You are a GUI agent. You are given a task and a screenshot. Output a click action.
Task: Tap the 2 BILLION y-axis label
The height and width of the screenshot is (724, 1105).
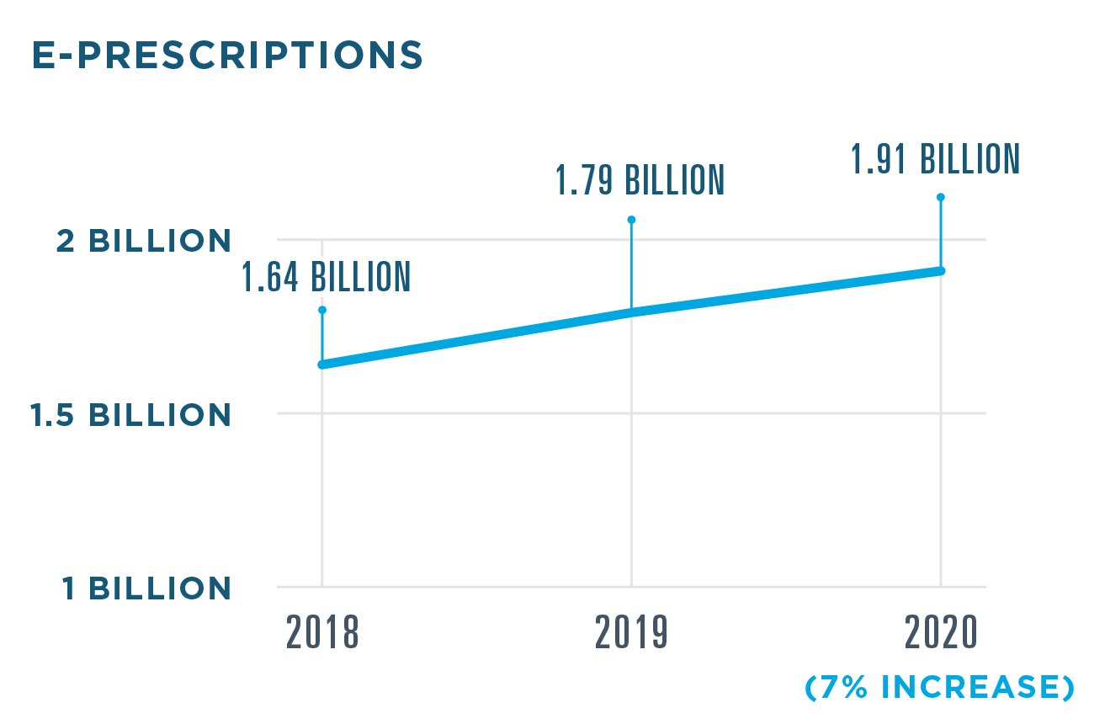(x=144, y=242)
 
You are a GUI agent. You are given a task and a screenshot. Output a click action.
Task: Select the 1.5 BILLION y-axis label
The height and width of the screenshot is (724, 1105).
(x=130, y=415)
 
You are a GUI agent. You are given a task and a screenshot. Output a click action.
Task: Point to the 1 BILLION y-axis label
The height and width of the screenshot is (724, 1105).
(x=146, y=588)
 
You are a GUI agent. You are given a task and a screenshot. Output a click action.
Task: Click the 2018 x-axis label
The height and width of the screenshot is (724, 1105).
(x=322, y=633)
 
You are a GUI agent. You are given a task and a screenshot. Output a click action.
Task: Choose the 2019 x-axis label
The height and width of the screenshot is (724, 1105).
(x=631, y=633)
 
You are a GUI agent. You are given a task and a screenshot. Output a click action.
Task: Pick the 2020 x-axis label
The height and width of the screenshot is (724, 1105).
(x=941, y=633)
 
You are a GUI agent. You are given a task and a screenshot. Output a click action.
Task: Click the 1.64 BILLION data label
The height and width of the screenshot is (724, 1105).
(x=327, y=277)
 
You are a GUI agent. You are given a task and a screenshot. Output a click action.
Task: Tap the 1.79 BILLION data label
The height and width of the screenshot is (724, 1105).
(x=640, y=180)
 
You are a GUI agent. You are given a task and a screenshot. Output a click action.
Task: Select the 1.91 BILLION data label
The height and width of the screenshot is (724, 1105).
(x=935, y=158)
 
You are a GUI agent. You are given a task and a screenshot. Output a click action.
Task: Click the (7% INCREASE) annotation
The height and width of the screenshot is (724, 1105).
(x=939, y=688)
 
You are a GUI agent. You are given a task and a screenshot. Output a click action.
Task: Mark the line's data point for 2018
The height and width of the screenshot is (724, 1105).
(x=322, y=365)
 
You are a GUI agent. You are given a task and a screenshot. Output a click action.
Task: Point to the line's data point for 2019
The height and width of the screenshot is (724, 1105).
(x=631, y=312)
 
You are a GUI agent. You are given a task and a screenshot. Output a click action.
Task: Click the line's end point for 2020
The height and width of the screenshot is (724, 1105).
(x=940, y=270)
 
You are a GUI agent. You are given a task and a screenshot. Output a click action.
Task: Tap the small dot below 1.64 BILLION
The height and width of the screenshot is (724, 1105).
(x=322, y=310)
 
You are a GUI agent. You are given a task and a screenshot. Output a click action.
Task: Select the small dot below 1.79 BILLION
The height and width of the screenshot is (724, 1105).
(x=631, y=220)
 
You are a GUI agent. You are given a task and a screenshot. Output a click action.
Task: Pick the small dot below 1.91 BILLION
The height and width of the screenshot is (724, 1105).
(x=940, y=197)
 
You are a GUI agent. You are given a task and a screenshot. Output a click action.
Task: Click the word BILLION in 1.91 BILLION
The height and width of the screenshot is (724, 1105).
(x=970, y=158)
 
